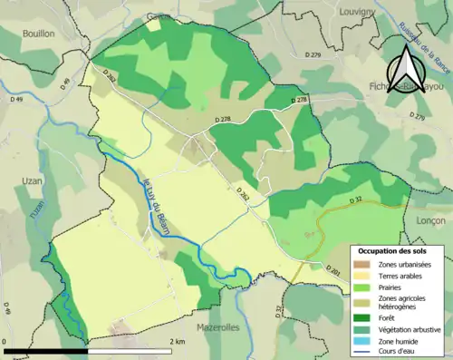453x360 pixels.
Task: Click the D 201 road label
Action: coord(332,271)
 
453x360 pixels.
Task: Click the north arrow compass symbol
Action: coord(405,69)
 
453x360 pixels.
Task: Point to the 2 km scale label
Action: coord(178,341)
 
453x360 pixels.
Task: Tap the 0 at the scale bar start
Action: coord(6,341)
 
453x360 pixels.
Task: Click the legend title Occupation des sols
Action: coord(392,250)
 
